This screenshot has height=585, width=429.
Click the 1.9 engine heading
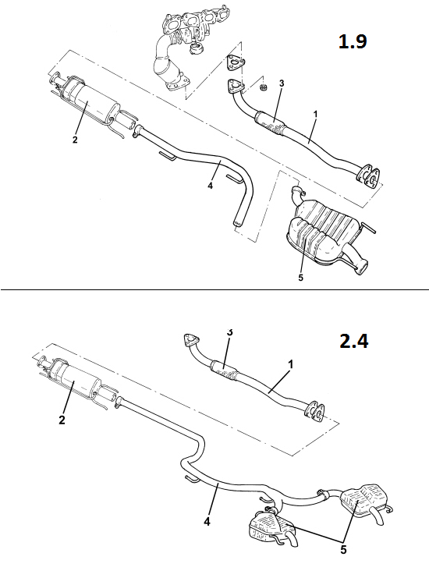(353, 41)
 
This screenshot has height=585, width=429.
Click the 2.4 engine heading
(353, 341)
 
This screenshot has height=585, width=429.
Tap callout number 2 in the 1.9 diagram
(75, 140)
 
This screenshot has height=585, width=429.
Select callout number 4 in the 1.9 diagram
(210, 186)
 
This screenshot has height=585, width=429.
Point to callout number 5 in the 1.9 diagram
(300, 278)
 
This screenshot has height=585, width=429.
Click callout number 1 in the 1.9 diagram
(315, 114)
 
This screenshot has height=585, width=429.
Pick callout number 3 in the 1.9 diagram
(282, 83)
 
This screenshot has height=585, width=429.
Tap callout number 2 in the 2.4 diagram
(62, 420)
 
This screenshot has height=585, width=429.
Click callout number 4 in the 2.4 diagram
(207, 521)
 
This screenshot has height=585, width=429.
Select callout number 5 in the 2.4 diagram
(343, 550)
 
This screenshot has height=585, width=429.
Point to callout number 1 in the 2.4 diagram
(291, 364)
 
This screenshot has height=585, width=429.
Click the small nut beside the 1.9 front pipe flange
(263, 87)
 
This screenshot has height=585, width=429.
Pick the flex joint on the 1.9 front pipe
(270, 122)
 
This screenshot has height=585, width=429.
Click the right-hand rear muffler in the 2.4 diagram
(364, 501)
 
